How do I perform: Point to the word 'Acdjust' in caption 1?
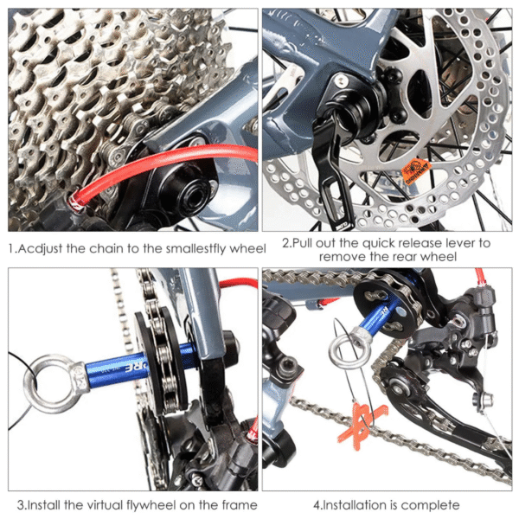pos(42,249)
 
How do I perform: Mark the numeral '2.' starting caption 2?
pos(286,243)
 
